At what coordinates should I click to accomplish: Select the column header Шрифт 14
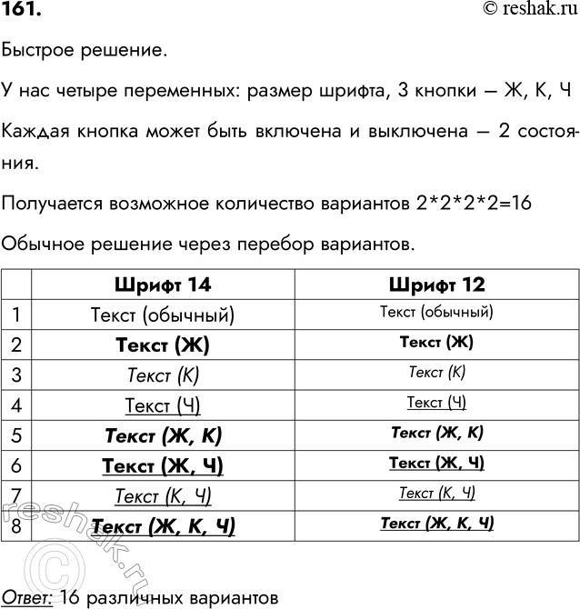(x=163, y=285)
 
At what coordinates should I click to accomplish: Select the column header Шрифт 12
(x=436, y=285)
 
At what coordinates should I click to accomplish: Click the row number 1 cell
(x=16, y=314)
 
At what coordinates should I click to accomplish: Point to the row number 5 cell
(x=16, y=434)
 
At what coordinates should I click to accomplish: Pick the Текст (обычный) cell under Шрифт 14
(x=163, y=315)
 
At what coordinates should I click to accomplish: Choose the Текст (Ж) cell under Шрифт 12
(x=436, y=344)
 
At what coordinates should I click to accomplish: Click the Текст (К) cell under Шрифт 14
(x=163, y=374)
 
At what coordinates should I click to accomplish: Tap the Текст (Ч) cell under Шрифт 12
(x=436, y=403)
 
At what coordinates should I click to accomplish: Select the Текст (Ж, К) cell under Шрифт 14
(x=163, y=435)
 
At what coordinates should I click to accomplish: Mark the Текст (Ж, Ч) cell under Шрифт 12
(x=436, y=464)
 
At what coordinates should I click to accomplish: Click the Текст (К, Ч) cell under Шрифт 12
(x=436, y=494)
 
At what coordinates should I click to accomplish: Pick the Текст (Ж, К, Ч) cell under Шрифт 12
(x=436, y=524)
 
